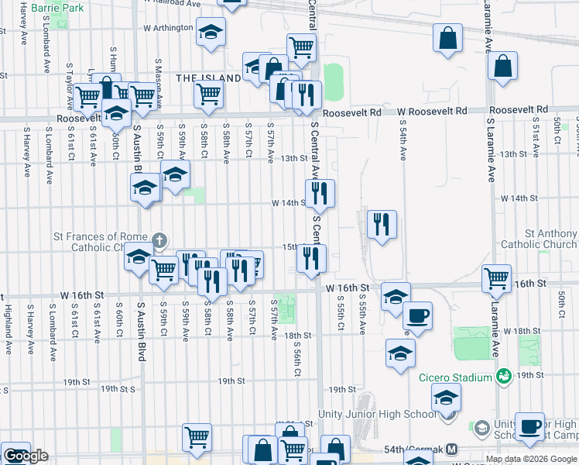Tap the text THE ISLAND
(x=208, y=78)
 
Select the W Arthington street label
(x=167, y=28)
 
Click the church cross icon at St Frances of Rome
(x=159, y=240)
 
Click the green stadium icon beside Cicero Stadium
(x=504, y=377)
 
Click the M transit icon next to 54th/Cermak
(x=452, y=449)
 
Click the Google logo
(x=26, y=456)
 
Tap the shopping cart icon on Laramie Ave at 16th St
(x=496, y=277)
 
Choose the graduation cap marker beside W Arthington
(x=210, y=32)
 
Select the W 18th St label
(x=519, y=331)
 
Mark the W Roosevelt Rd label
(x=433, y=112)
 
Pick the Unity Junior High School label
(x=378, y=415)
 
